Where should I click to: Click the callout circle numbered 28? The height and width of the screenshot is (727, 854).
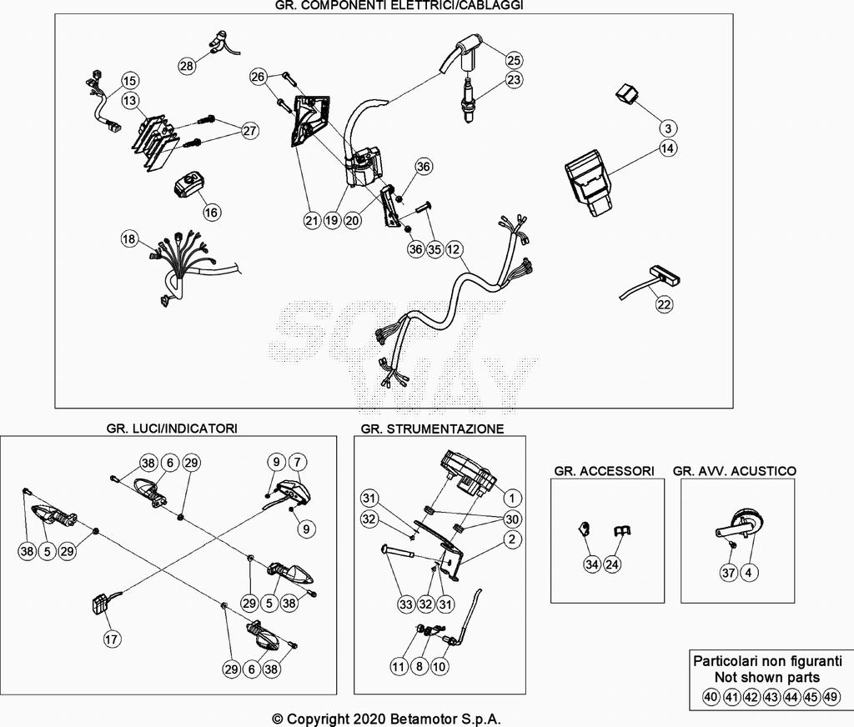(x=187, y=65)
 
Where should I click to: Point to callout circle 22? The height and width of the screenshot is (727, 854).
(x=664, y=304)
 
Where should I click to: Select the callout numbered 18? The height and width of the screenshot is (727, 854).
(x=128, y=239)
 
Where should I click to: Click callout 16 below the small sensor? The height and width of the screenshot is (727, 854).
(x=212, y=213)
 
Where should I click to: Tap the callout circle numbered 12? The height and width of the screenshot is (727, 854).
(x=454, y=248)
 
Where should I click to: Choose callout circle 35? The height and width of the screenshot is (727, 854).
(x=434, y=248)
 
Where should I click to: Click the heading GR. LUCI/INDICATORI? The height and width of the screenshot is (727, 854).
(x=172, y=428)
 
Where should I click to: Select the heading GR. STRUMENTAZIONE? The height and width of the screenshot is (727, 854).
(x=432, y=429)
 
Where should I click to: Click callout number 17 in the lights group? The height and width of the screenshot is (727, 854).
(x=112, y=639)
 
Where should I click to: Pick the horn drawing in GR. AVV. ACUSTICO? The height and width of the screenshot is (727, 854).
(x=740, y=526)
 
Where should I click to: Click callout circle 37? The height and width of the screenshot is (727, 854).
(x=729, y=572)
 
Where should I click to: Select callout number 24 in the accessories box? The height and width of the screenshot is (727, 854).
(x=613, y=564)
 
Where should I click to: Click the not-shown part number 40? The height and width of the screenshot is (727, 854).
(x=711, y=696)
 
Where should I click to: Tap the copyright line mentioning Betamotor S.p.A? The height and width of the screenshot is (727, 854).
(x=387, y=719)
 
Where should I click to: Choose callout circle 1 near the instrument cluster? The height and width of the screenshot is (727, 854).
(x=513, y=498)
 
